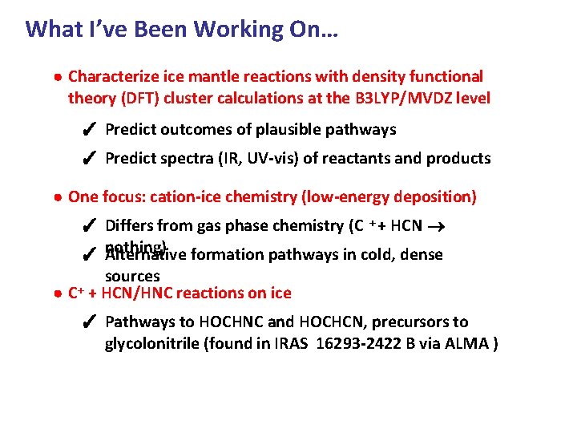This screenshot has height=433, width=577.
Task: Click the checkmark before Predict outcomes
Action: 91,130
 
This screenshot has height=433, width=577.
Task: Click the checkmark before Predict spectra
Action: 91,159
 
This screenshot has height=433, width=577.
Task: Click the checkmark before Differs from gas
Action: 91,227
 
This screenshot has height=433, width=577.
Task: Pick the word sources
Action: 132,277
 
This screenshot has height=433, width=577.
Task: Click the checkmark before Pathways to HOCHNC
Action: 91,322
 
